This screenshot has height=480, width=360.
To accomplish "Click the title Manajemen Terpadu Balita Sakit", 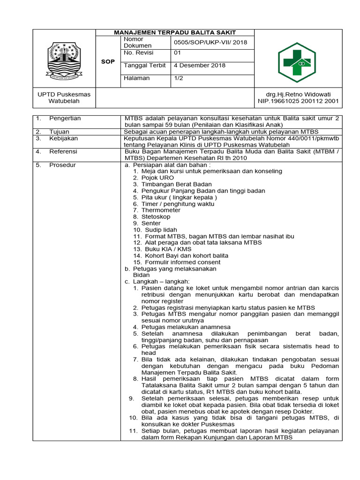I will click(x=175, y=32).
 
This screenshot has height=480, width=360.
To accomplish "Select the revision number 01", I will click(x=177, y=53).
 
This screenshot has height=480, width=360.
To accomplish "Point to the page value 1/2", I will click(x=179, y=78).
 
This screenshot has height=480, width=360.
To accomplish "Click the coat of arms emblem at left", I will click(x=64, y=60).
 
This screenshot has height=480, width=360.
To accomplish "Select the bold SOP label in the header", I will click(x=108, y=62).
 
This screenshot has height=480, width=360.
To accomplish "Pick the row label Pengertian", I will click(x=65, y=119).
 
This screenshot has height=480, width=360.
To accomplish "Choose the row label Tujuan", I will click(x=60, y=132).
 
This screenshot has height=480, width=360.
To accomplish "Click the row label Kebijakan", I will click(x=63, y=139).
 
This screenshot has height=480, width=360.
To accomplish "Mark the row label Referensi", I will click(x=63, y=152).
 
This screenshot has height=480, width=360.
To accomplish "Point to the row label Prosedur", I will click(x=62, y=165).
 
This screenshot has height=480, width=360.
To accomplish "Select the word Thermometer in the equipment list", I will click(x=161, y=210).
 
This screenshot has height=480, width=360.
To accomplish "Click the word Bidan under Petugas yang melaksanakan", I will click(x=142, y=275).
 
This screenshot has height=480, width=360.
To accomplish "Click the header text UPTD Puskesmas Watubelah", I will click(x=64, y=97).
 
